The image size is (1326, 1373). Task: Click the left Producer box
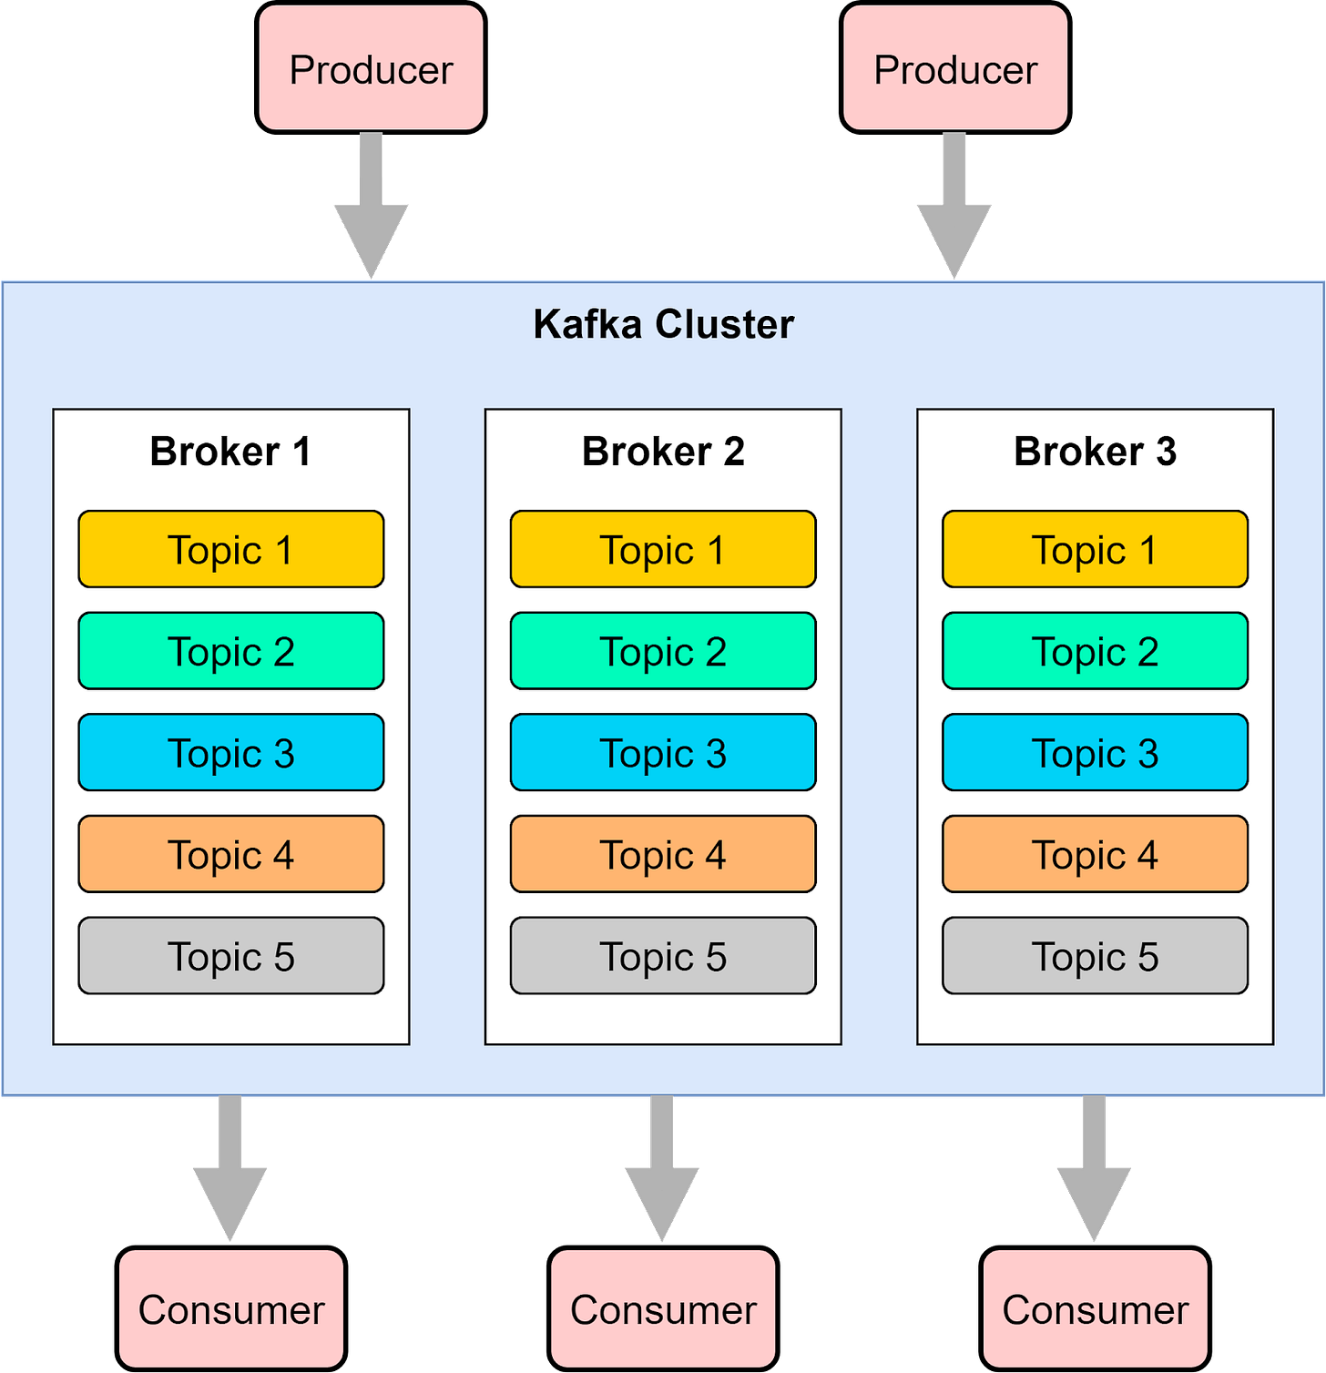[x=371, y=68]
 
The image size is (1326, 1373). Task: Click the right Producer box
[x=954, y=68]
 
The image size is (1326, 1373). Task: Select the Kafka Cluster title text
[x=663, y=324]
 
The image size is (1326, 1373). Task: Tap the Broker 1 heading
[x=230, y=452]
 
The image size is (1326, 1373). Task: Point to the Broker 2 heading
[x=663, y=452]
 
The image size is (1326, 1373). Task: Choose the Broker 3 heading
[x=1095, y=452]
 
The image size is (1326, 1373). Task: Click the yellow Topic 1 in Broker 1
[x=230, y=550]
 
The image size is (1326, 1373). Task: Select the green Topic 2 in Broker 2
[x=663, y=651]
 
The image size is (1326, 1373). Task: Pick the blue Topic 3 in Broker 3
[x=1095, y=753]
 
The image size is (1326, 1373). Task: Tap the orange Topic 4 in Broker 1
[x=230, y=854]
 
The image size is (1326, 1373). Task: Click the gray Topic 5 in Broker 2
[x=663, y=956]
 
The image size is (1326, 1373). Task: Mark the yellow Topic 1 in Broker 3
[x=1095, y=550]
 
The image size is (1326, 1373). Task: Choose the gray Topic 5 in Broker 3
[x=1095, y=956]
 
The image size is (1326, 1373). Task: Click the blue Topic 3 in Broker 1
[x=230, y=753]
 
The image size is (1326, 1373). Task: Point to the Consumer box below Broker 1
[x=230, y=1309]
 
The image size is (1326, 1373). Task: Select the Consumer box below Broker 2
[x=663, y=1309]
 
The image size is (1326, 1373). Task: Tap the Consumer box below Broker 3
[x=1095, y=1309]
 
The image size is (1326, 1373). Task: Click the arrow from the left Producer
[x=371, y=209]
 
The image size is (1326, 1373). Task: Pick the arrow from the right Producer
[x=954, y=209]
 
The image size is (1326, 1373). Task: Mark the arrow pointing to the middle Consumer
[x=662, y=1170]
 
